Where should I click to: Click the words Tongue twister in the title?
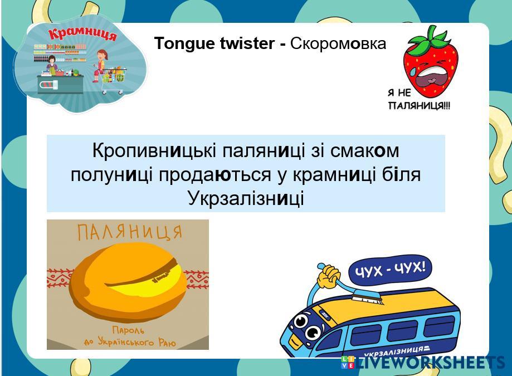[x=214, y=43]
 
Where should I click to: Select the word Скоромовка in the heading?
[x=338, y=43]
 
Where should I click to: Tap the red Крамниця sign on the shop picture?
[x=82, y=34]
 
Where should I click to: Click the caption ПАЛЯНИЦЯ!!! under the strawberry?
[x=420, y=105]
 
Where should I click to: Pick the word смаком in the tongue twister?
[x=364, y=151]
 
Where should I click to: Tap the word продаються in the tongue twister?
[x=215, y=175]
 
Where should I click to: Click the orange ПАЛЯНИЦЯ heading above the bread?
[x=129, y=232]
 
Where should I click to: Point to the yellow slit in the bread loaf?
[x=147, y=282]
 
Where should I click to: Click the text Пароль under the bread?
[x=128, y=330]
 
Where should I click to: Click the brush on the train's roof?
[x=359, y=291]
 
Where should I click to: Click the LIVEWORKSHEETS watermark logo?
[x=423, y=362]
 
